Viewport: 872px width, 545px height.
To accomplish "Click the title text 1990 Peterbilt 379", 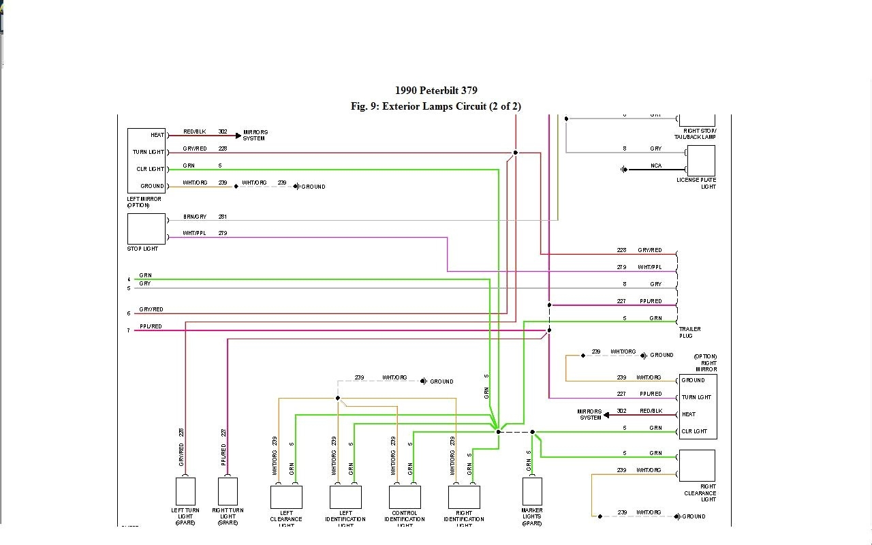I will coord(436,91).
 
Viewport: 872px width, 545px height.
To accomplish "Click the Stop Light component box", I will coord(146,229).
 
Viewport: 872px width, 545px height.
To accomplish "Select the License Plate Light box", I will coord(701,161).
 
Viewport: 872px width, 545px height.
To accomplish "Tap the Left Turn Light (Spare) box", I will coord(185,491).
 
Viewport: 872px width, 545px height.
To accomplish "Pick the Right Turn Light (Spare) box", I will coord(228,491).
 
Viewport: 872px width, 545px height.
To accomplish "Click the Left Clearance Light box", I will coord(286,497).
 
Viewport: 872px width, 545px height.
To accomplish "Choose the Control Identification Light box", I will coord(405,497).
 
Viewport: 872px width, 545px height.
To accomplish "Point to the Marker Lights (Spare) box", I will coord(532,491).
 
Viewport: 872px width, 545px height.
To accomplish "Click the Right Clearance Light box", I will coord(697,465).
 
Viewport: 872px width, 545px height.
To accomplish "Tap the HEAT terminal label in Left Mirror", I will coord(157,136).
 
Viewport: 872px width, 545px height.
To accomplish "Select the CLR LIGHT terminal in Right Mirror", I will coord(694,431).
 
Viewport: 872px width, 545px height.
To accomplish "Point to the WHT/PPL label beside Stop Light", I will coord(195,234).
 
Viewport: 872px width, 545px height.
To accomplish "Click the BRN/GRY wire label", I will coord(195,217).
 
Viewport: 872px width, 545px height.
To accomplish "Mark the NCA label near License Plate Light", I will coord(655,166).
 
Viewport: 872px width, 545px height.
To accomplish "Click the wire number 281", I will coord(223,217).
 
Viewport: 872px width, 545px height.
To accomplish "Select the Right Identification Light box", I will coord(464,497).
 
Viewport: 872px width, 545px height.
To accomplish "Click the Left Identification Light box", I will coord(345,497).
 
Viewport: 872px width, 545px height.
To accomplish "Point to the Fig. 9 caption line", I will coord(436,106).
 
